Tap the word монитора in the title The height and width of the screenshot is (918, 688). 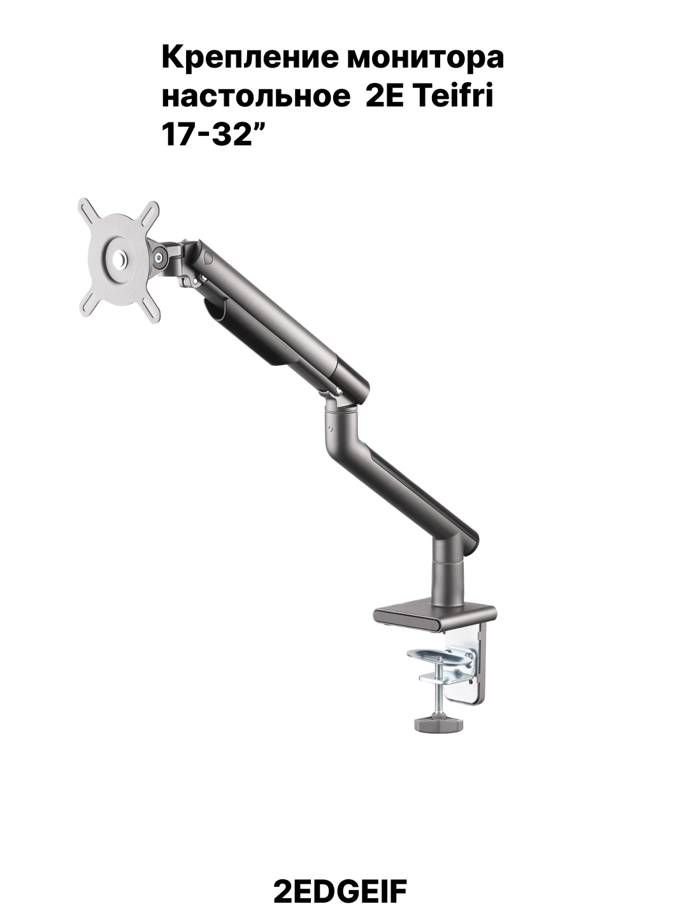click(426, 59)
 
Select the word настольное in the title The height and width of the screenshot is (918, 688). click(256, 98)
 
